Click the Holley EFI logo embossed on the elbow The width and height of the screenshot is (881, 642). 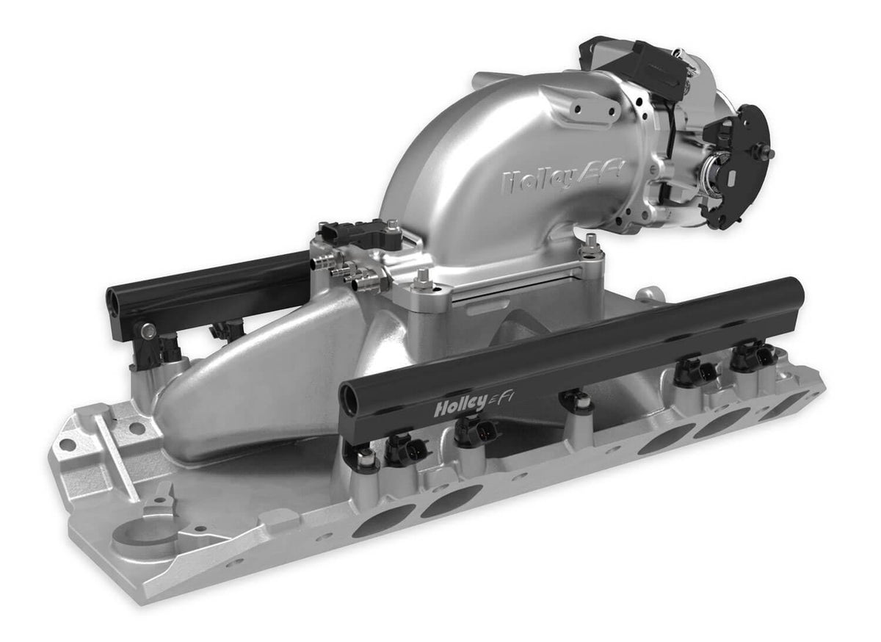click(x=563, y=178)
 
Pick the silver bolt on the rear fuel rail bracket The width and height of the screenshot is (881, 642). click(x=148, y=331)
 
